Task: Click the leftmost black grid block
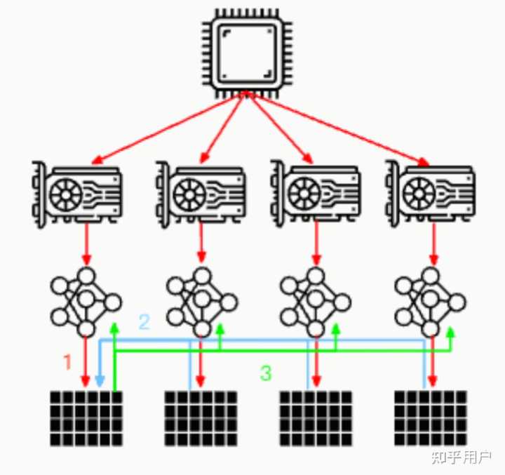(x=86, y=418)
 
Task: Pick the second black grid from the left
(x=201, y=418)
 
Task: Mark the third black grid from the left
(x=316, y=418)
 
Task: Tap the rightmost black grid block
(x=430, y=418)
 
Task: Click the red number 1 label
(x=67, y=362)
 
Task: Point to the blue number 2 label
(x=144, y=322)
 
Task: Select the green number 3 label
(x=266, y=373)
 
